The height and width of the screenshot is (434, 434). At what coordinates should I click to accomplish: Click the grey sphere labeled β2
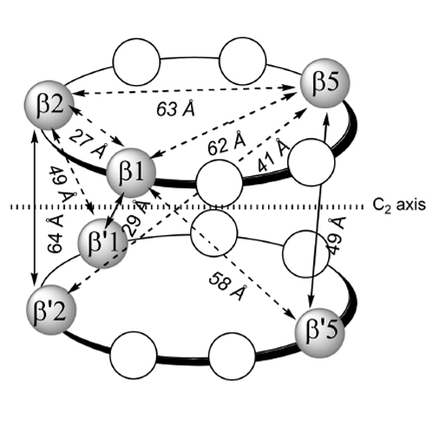49,105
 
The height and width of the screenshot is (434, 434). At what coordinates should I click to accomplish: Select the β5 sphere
325,83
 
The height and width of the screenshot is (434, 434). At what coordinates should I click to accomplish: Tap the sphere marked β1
131,173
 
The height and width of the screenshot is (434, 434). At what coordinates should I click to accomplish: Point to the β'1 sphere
102,244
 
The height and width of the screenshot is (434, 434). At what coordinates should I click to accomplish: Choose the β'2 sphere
51,310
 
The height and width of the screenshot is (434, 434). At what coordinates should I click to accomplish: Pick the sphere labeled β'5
319,332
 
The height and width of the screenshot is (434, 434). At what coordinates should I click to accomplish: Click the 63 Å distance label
175,108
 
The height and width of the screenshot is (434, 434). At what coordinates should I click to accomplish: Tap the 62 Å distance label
227,143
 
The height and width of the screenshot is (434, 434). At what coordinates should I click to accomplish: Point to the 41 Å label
273,155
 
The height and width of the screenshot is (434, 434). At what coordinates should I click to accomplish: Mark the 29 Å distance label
136,219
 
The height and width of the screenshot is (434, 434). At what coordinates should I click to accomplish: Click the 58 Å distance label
228,286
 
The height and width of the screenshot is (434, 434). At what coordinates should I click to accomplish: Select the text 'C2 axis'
399,205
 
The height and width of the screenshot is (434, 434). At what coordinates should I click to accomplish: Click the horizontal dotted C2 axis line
187,207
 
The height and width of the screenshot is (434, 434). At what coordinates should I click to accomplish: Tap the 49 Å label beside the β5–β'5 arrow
337,236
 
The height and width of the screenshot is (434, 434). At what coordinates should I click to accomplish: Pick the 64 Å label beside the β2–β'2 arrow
55,235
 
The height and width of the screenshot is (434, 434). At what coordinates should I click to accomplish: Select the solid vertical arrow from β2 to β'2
35,208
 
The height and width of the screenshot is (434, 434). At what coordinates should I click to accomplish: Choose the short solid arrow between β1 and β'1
114,209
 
